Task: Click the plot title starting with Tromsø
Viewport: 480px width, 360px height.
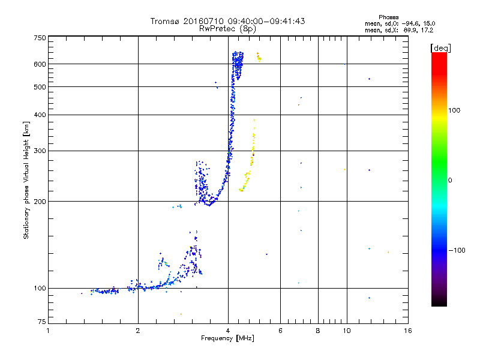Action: tap(227, 21)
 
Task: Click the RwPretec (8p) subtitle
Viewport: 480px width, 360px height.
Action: tap(227, 28)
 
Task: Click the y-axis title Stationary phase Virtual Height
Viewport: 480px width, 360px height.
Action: tap(26, 180)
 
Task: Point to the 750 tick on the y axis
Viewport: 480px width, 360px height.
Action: tap(40, 38)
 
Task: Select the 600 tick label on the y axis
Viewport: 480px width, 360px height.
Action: tap(40, 64)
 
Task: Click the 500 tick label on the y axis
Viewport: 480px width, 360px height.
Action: tap(40, 87)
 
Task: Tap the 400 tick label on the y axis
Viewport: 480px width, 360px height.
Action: tap(40, 115)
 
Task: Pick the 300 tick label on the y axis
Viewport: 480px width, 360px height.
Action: tap(40, 151)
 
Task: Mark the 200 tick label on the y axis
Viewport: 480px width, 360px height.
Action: tap(40, 202)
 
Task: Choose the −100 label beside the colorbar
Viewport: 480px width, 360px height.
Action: tap(457, 250)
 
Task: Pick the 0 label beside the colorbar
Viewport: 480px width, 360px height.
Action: tap(451, 180)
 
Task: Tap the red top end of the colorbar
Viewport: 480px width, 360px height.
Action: tap(439, 55)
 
